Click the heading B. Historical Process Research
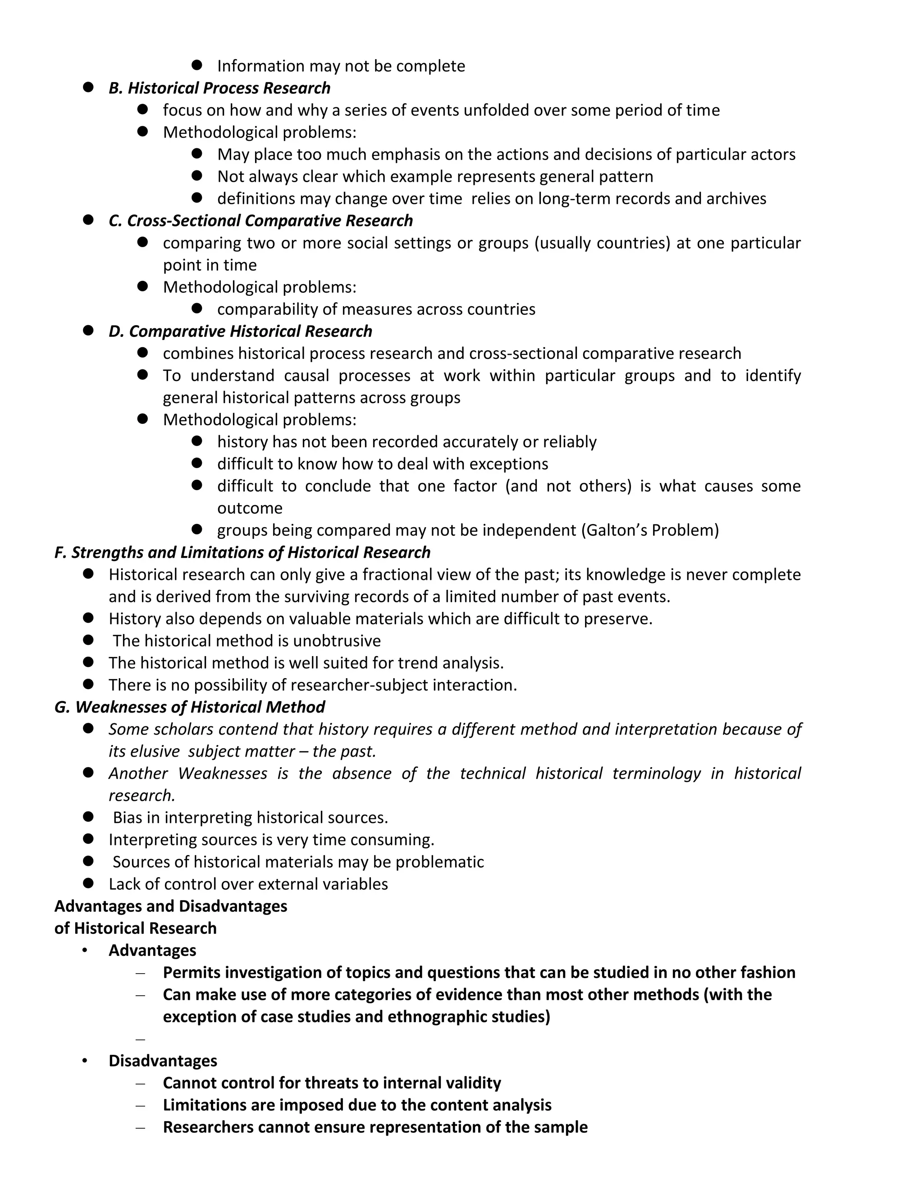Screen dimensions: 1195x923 click(219, 88)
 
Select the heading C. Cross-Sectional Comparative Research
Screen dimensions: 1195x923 click(260, 221)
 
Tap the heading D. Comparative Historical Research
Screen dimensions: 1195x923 click(240, 331)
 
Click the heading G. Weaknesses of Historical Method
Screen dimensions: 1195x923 click(189, 707)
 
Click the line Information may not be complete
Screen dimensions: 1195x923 click(341, 66)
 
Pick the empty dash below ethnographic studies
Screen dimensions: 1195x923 click(141, 1039)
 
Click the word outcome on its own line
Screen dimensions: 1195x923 click(249, 508)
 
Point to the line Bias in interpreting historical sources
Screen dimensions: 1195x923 click(250, 818)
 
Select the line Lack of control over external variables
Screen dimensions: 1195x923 click(248, 884)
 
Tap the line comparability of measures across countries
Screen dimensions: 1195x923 click(376, 309)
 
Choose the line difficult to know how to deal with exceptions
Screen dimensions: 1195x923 click(382, 464)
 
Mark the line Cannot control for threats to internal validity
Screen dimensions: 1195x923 click(331, 1083)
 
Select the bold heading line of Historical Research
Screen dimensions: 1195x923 click(135, 928)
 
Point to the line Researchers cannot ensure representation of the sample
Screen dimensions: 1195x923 click(375, 1127)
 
